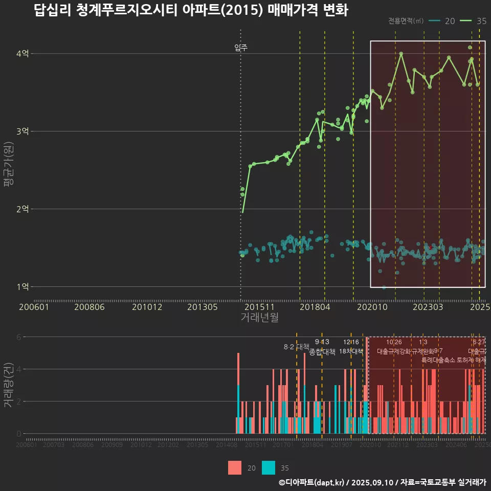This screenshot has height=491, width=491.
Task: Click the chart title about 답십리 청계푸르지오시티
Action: click(191, 10)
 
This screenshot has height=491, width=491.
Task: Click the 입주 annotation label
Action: click(241, 48)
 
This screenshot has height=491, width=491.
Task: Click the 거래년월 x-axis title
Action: click(259, 317)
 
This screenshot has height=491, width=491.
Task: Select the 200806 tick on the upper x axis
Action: click(90, 307)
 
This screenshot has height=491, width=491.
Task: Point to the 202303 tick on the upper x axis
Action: click(428, 307)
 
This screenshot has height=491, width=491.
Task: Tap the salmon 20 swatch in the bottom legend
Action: click(235, 467)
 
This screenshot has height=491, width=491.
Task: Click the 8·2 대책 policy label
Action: click(297, 347)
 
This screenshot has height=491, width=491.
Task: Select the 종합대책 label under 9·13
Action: click(322, 352)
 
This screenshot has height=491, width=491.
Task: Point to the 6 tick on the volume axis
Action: click(19, 337)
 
